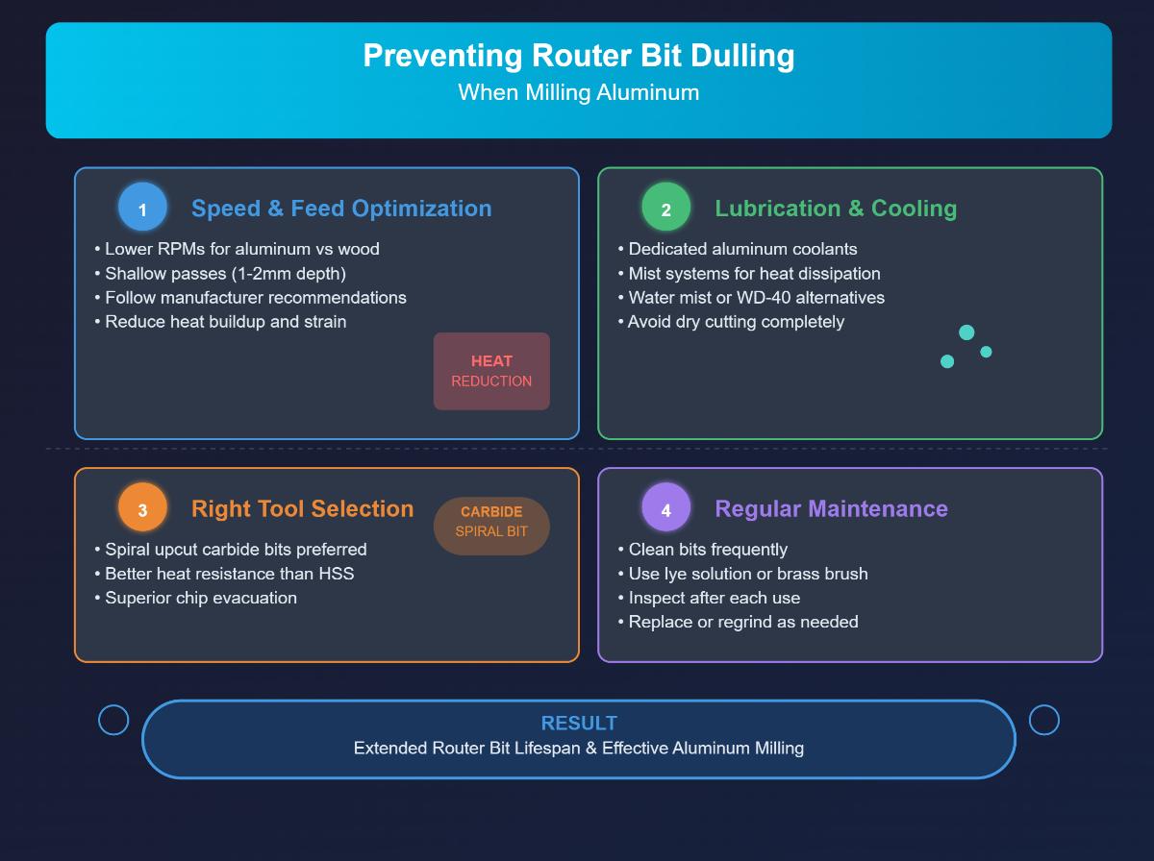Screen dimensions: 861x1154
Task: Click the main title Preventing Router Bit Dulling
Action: click(578, 56)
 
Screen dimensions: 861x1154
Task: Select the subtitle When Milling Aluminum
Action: click(578, 92)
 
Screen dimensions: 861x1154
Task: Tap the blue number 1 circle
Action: click(142, 209)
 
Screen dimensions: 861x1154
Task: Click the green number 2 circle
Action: click(665, 209)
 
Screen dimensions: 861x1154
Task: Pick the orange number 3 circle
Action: click(142, 508)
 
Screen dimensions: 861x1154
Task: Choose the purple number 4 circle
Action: click(665, 508)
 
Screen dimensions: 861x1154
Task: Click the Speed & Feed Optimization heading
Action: click(341, 209)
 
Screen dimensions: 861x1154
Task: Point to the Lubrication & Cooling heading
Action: click(835, 209)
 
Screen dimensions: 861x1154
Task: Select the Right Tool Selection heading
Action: click(302, 508)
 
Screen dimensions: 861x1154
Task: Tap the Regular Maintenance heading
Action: click(831, 508)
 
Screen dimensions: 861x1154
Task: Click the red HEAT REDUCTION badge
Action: click(491, 371)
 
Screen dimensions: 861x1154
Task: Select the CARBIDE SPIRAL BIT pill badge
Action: click(491, 521)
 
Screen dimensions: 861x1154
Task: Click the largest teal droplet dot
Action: click(966, 332)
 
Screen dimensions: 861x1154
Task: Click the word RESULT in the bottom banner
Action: click(579, 723)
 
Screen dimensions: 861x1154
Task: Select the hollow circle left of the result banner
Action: click(113, 720)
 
